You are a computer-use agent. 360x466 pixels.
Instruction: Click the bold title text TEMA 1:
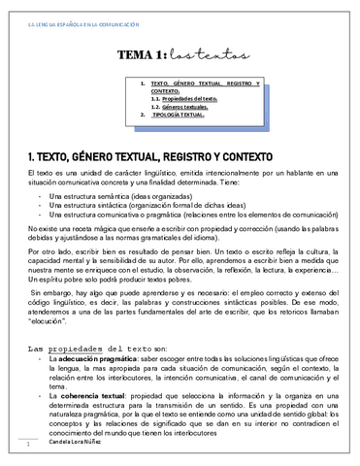[146, 57]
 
